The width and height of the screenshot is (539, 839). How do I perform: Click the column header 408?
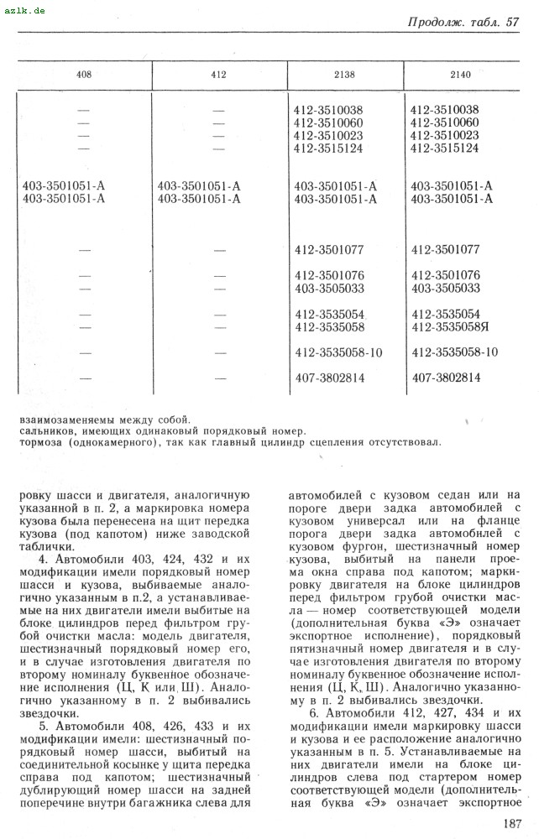[84, 75]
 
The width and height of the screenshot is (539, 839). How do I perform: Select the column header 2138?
[344, 75]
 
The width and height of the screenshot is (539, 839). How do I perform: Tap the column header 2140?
[461, 75]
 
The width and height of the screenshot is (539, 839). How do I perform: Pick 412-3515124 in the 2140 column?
[445, 149]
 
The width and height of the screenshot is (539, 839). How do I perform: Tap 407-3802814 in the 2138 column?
[330, 378]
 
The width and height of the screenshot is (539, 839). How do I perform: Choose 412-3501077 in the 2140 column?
[445, 249]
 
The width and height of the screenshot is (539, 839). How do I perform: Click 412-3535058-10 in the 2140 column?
[455, 352]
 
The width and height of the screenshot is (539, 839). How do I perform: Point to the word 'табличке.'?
[47, 545]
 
